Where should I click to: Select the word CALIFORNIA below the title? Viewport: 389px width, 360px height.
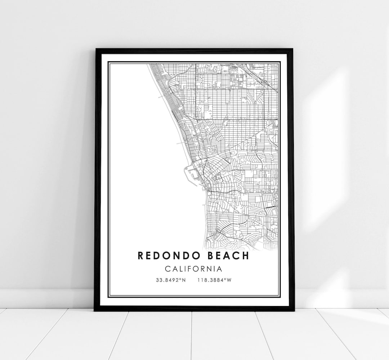coord(193,269)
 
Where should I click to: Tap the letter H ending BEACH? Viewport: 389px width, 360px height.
coord(245,256)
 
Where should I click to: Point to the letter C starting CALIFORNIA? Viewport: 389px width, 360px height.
coord(167,269)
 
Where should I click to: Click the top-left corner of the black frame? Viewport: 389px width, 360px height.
coord(95,49)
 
